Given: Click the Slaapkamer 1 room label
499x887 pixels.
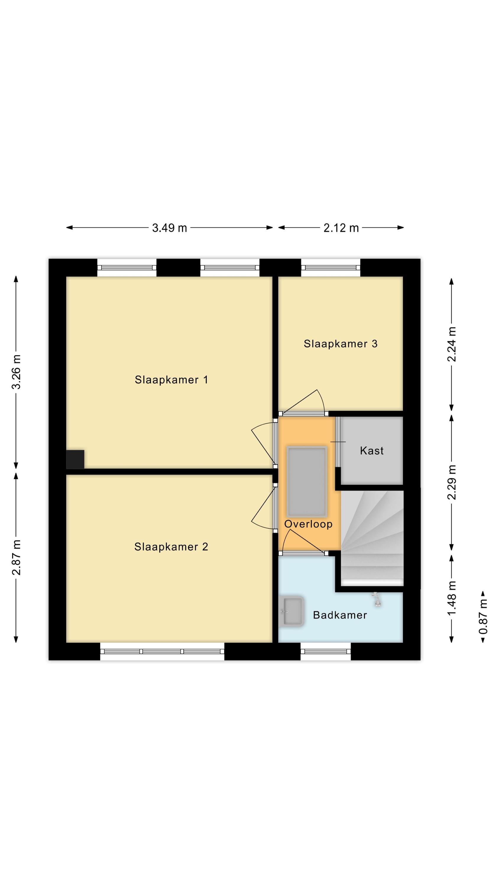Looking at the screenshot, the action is [171, 380].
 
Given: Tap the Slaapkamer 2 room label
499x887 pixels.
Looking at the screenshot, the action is [171, 547].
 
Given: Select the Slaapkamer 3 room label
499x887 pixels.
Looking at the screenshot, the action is [341, 344].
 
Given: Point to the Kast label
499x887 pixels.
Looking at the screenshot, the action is [372, 451].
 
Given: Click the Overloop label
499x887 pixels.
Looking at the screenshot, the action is [308, 524].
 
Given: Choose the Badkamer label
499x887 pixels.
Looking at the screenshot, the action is [340, 615].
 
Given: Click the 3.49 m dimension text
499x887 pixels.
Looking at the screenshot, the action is [169, 228].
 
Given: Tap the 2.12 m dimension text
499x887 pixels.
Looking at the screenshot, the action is [341, 228].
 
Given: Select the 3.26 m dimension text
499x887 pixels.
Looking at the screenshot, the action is [17, 372].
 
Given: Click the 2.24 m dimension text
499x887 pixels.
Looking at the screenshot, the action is [451, 344].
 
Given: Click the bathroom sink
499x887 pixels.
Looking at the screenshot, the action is [291, 611].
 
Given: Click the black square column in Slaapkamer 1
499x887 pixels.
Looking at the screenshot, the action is [75, 459].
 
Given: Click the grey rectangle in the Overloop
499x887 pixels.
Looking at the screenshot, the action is [307, 482].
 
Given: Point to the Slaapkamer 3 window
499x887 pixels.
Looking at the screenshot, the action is [330, 268].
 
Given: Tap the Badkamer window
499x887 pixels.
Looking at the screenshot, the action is [326, 651].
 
